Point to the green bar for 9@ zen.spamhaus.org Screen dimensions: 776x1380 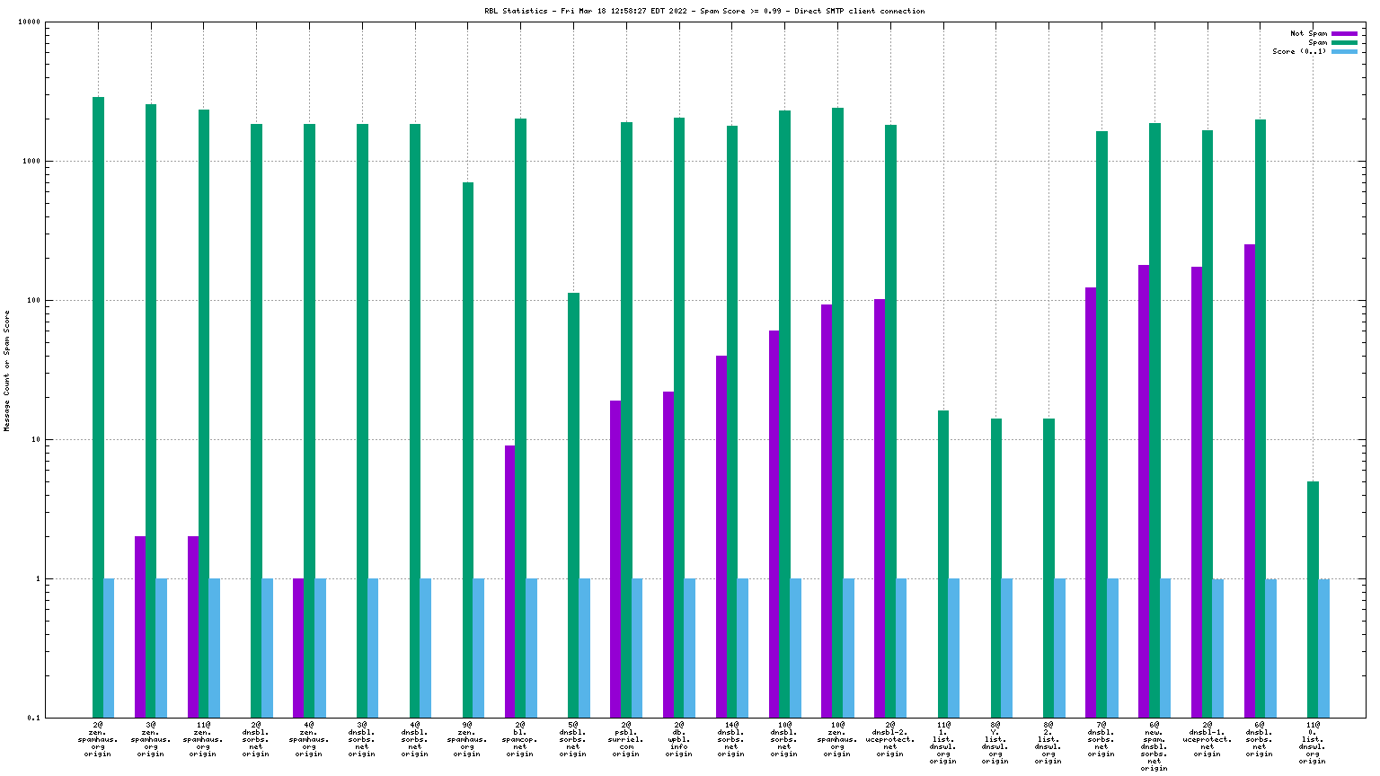coord(468,449)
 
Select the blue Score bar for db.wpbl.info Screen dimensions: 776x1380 coord(690,648)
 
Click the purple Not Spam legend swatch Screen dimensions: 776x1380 coord(1344,34)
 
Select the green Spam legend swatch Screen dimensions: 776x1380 coord(1344,43)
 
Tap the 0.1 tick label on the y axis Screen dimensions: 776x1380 coord(33,719)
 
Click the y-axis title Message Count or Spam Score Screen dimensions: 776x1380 coord(7,370)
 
